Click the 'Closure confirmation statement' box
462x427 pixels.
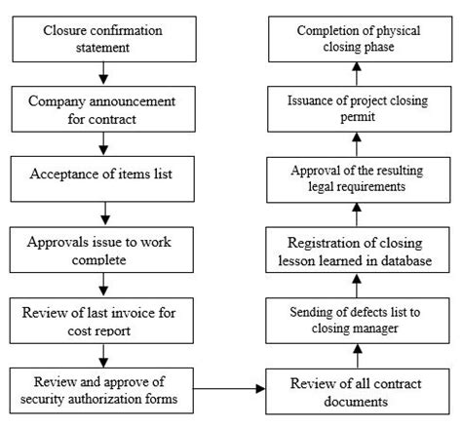click(x=103, y=37)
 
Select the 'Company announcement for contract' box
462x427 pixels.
click(x=103, y=109)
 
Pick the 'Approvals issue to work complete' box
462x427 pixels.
click(x=103, y=248)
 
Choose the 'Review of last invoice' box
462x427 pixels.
click(x=103, y=320)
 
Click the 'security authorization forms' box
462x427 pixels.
click(x=103, y=388)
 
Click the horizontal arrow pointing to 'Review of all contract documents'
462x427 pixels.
click(x=234, y=388)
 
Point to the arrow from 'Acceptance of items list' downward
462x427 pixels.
click(x=103, y=211)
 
